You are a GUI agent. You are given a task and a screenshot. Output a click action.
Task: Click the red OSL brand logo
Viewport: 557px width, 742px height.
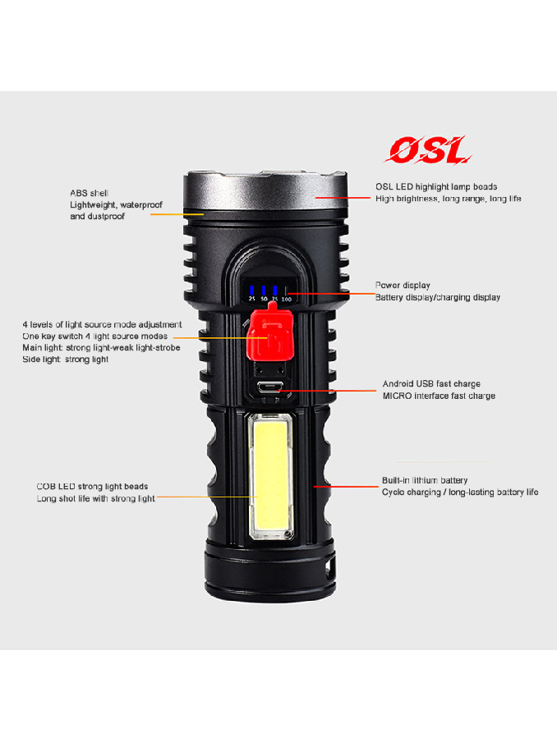(x=428, y=150)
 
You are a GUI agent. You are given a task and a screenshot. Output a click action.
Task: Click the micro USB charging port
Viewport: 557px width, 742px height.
(x=270, y=387)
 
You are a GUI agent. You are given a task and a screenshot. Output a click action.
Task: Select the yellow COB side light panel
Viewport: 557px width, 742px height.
(x=270, y=476)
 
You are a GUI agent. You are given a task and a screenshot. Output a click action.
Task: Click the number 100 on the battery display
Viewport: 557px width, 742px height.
(x=287, y=299)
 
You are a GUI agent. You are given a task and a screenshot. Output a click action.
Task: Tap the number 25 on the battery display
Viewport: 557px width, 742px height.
(x=252, y=299)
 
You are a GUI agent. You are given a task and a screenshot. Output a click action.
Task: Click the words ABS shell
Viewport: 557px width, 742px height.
(x=89, y=193)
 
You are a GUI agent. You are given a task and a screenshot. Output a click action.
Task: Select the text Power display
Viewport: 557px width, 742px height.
(x=403, y=286)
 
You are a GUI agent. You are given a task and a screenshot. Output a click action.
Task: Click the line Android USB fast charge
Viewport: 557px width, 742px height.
(x=431, y=384)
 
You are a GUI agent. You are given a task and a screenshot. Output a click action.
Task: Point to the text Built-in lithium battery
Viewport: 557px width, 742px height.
(x=425, y=480)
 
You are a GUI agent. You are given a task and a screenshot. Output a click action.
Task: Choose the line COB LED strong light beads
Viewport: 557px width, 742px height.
(x=92, y=487)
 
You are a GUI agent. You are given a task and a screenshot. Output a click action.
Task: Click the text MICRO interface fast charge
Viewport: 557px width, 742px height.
(x=439, y=396)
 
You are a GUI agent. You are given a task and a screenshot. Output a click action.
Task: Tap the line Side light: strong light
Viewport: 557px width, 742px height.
(x=66, y=360)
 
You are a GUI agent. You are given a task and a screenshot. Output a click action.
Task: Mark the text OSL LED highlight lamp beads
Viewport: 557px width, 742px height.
(x=436, y=187)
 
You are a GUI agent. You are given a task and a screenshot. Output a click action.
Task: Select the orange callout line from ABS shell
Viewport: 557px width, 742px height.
(x=177, y=214)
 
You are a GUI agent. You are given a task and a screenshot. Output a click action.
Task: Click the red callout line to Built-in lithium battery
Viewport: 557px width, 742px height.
(x=346, y=487)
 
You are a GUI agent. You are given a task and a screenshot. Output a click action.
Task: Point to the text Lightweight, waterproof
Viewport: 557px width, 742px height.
(x=116, y=205)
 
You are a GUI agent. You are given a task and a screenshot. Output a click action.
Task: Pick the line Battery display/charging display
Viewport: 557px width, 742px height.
(x=438, y=297)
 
